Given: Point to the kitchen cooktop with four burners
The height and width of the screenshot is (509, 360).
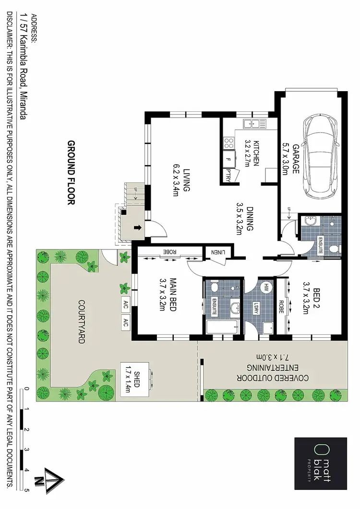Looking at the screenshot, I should coord(229,142).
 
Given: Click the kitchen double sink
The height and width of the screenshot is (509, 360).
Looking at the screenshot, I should coord(254,124).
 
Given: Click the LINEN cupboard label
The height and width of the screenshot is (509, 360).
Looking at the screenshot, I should coord(216,252).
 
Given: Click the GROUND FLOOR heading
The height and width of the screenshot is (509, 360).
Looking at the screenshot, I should coord(71,173).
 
